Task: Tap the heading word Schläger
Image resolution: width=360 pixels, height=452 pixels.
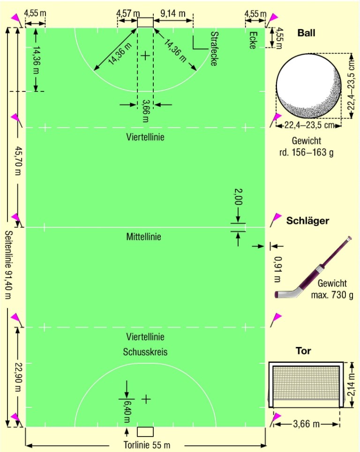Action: point(307,220)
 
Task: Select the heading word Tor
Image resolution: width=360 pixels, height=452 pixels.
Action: point(304,351)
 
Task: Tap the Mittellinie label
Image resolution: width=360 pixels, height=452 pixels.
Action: point(144,237)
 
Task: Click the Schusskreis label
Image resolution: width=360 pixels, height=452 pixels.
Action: point(145,352)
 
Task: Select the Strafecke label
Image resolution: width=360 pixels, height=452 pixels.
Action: point(214,49)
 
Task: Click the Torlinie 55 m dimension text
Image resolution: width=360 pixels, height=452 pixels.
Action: point(147,445)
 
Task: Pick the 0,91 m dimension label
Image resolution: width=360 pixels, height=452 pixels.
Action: point(277,269)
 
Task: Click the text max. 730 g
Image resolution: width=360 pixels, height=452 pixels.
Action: point(332,294)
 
